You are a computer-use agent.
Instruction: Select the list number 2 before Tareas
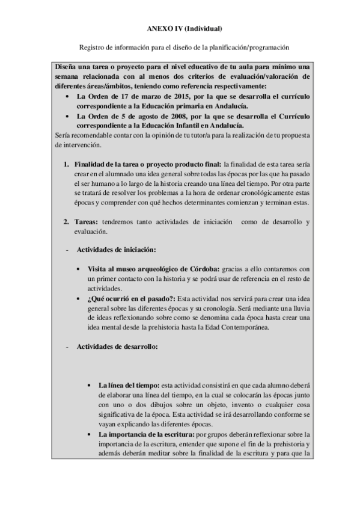click(x=66, y=222)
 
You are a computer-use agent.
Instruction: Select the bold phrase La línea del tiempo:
click(x=124, y=384)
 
